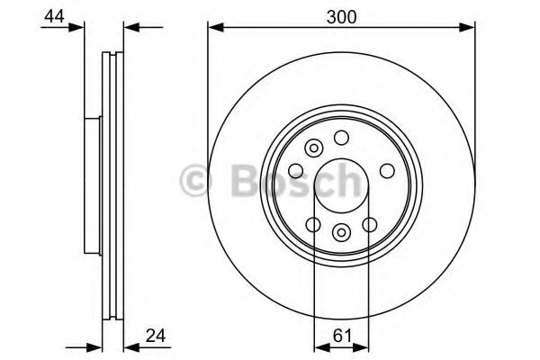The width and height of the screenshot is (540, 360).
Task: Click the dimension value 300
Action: (341, 17)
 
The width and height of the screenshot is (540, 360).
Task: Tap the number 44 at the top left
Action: (54, 16)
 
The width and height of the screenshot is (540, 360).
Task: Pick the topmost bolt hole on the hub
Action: (341, 138)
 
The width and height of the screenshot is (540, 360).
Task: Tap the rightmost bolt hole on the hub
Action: (387, 171)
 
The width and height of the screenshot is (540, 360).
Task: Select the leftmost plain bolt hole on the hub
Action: (296, 171)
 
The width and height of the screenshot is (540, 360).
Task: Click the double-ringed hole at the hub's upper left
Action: (314, 148)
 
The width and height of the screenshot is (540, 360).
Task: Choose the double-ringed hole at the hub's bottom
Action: (341, 232)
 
